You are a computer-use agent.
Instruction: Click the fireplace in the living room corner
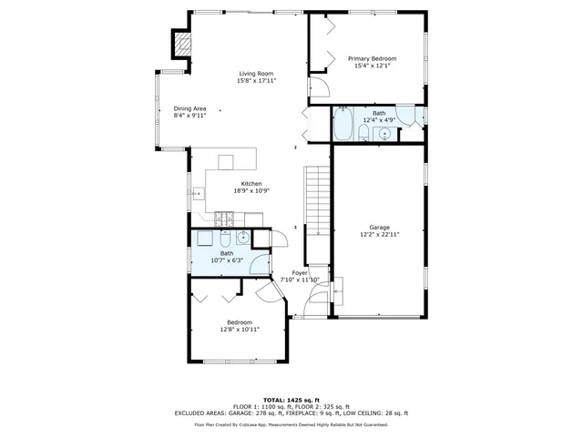tap(183, 43)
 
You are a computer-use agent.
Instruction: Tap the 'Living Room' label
tap(256, 74)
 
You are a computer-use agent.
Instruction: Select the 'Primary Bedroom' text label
tap(372, 58)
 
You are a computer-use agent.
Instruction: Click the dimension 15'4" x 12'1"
tap(372, 66)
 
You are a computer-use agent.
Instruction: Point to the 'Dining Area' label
tap(190, 109)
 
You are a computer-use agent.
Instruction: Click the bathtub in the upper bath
tap(343, 126)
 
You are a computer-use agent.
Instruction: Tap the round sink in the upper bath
tap(384, 134)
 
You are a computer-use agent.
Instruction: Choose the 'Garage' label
tap(379, 227)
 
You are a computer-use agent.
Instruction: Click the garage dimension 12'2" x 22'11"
tap(379, 234)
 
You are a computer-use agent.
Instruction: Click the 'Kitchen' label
tap(226, 183)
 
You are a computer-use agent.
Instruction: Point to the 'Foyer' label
tap(300, 273)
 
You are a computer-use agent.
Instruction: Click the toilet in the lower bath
tap(224, 239)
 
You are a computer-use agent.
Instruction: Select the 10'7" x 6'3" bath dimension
tap(214, 260)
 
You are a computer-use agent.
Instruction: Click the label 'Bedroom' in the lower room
tap(240, 322)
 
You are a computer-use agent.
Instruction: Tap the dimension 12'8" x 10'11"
tap(240, 330)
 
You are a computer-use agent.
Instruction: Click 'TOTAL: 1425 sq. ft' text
tap(291, 400)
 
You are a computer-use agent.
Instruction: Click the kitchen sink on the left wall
tap(199, 193)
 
